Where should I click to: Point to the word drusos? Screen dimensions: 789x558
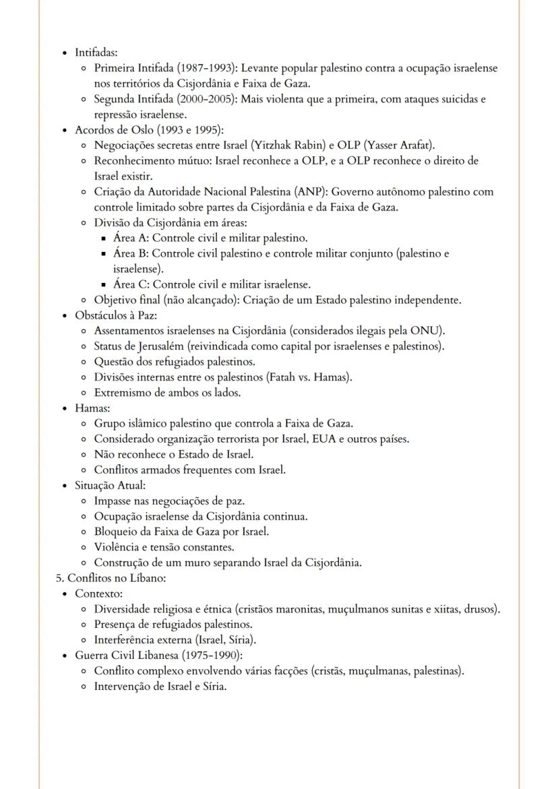[481, 609]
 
